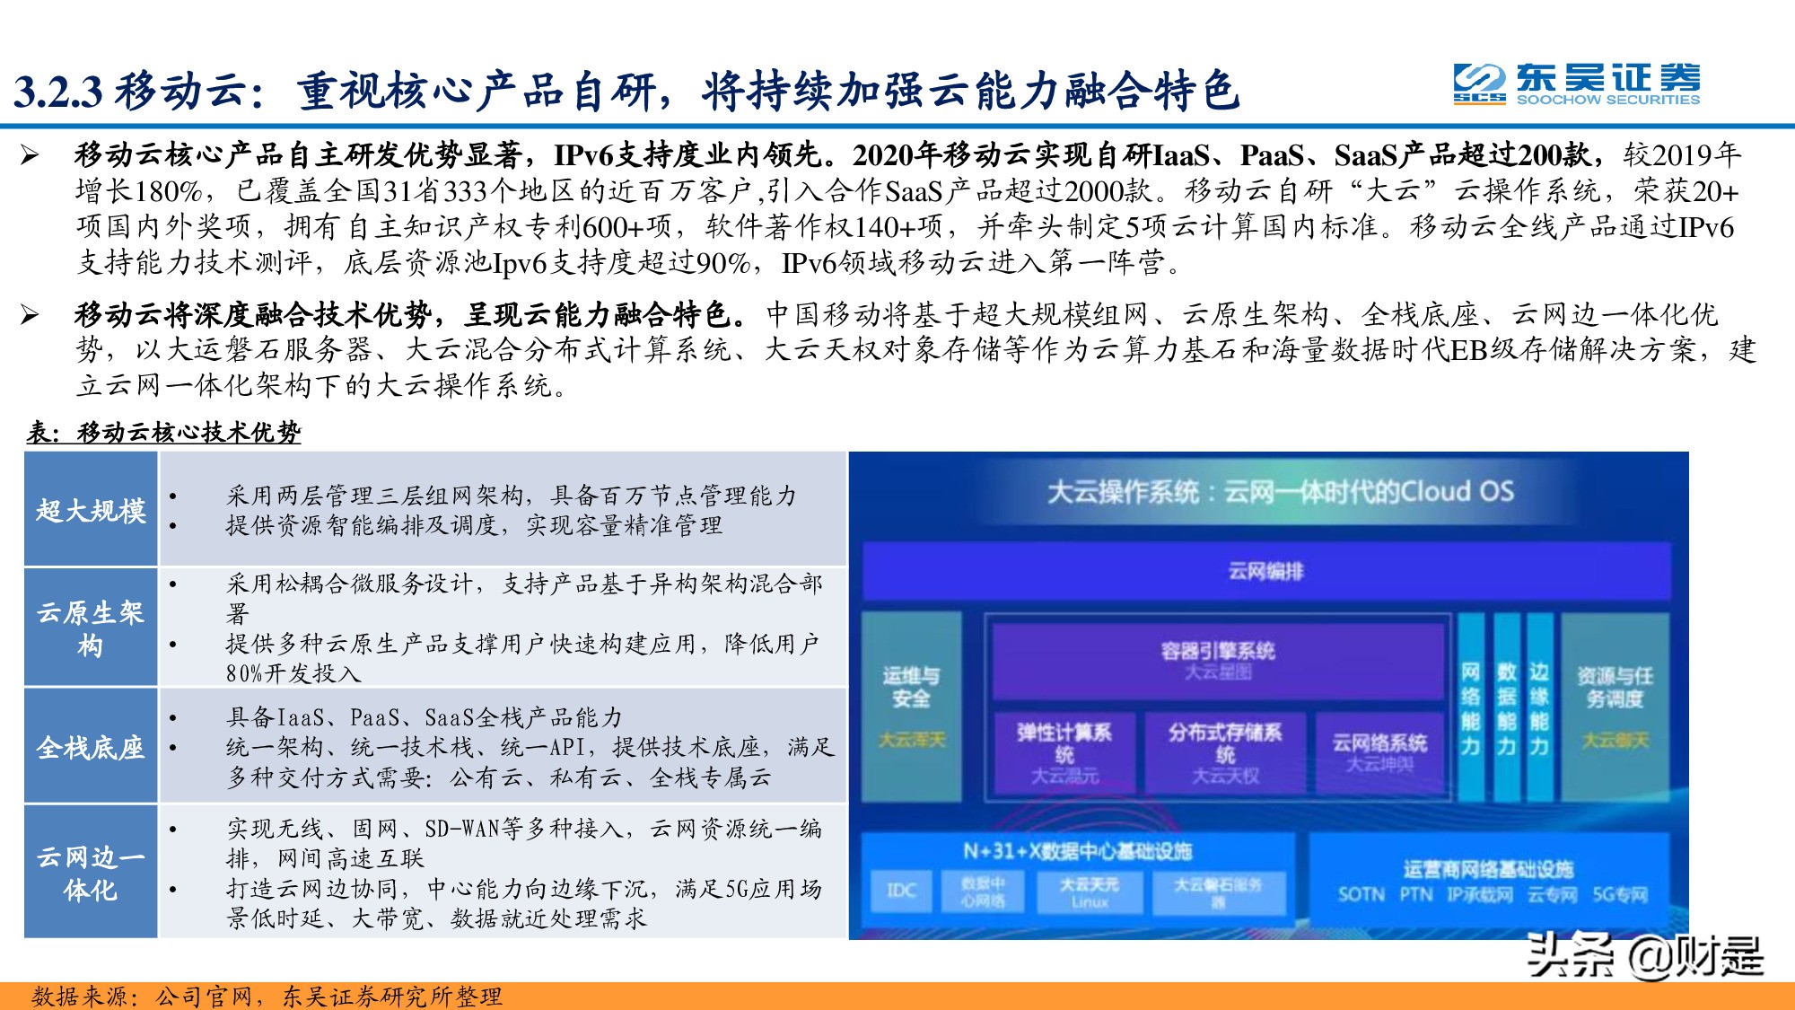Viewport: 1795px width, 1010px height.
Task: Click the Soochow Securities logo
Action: point(1576,85)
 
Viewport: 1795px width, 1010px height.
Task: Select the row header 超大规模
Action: point(91,510)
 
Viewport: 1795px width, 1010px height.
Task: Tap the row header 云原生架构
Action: point(91,628)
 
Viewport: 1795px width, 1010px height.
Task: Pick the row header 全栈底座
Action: point(91,747)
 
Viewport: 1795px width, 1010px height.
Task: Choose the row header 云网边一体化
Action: point(91,873)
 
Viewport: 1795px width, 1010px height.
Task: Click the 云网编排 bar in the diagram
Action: point(1265,571)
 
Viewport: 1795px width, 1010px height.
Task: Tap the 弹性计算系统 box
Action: point(1064,752)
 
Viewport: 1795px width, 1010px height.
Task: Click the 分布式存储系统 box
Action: point(1225,752)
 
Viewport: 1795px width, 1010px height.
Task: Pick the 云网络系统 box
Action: point(1379,751)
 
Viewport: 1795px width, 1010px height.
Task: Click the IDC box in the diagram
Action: point(901,891)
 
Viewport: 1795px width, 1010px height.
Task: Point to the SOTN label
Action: point(1361,894)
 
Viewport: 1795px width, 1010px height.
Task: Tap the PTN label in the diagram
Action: point(1416,894)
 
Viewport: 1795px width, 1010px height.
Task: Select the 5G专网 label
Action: point(1620,894)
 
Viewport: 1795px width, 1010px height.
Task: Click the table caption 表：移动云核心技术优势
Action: point(163,433)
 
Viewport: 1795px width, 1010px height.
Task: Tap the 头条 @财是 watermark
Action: point(1644,955)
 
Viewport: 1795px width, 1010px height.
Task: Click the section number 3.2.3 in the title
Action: point(58,92)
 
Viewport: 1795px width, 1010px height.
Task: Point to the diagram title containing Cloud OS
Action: point(1280,492)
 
